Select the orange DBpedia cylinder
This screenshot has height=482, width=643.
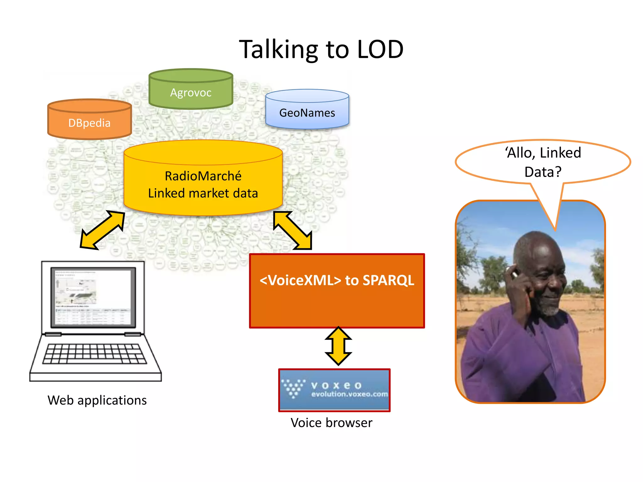(x=89, y=122)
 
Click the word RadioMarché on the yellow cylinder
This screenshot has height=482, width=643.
(x=203, y=176)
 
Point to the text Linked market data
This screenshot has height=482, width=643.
(x=203, y=193)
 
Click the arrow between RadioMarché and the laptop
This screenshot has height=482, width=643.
(x=102, y=230)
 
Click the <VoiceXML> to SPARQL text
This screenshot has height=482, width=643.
(x=337, y=280)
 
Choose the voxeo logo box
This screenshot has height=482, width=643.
(x=334, y=390)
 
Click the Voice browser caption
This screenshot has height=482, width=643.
(x=331, y=423)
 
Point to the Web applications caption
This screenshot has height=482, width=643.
(x=97, y=400)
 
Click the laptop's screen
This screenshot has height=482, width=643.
(x=93, y=297)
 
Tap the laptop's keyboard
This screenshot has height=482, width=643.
(x=94, y=354)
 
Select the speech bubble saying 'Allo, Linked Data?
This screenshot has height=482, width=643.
(x=543, y=162)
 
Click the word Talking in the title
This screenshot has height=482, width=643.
(x=278, y=49)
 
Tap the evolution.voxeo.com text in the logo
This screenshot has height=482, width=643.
(x=349, y=394)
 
